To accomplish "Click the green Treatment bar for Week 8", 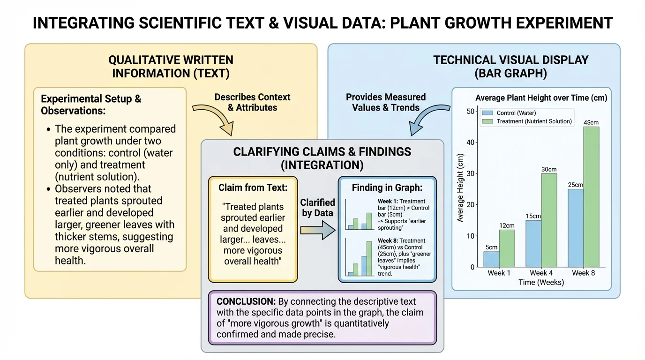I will click(591, 197).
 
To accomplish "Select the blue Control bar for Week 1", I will click(491, 259).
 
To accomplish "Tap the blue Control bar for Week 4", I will click(533, 244).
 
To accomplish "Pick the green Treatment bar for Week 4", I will click(549, 220).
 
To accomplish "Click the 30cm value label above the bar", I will click(549, 169).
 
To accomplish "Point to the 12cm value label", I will click(507, 225).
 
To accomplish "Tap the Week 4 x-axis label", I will click(541, 273).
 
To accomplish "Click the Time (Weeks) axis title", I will click(541, 282).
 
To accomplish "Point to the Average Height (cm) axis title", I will click(460, 187).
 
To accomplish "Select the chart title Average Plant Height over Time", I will click(541, 98).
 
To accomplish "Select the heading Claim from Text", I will click(252, 187).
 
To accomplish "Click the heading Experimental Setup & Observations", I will click(91, 105).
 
